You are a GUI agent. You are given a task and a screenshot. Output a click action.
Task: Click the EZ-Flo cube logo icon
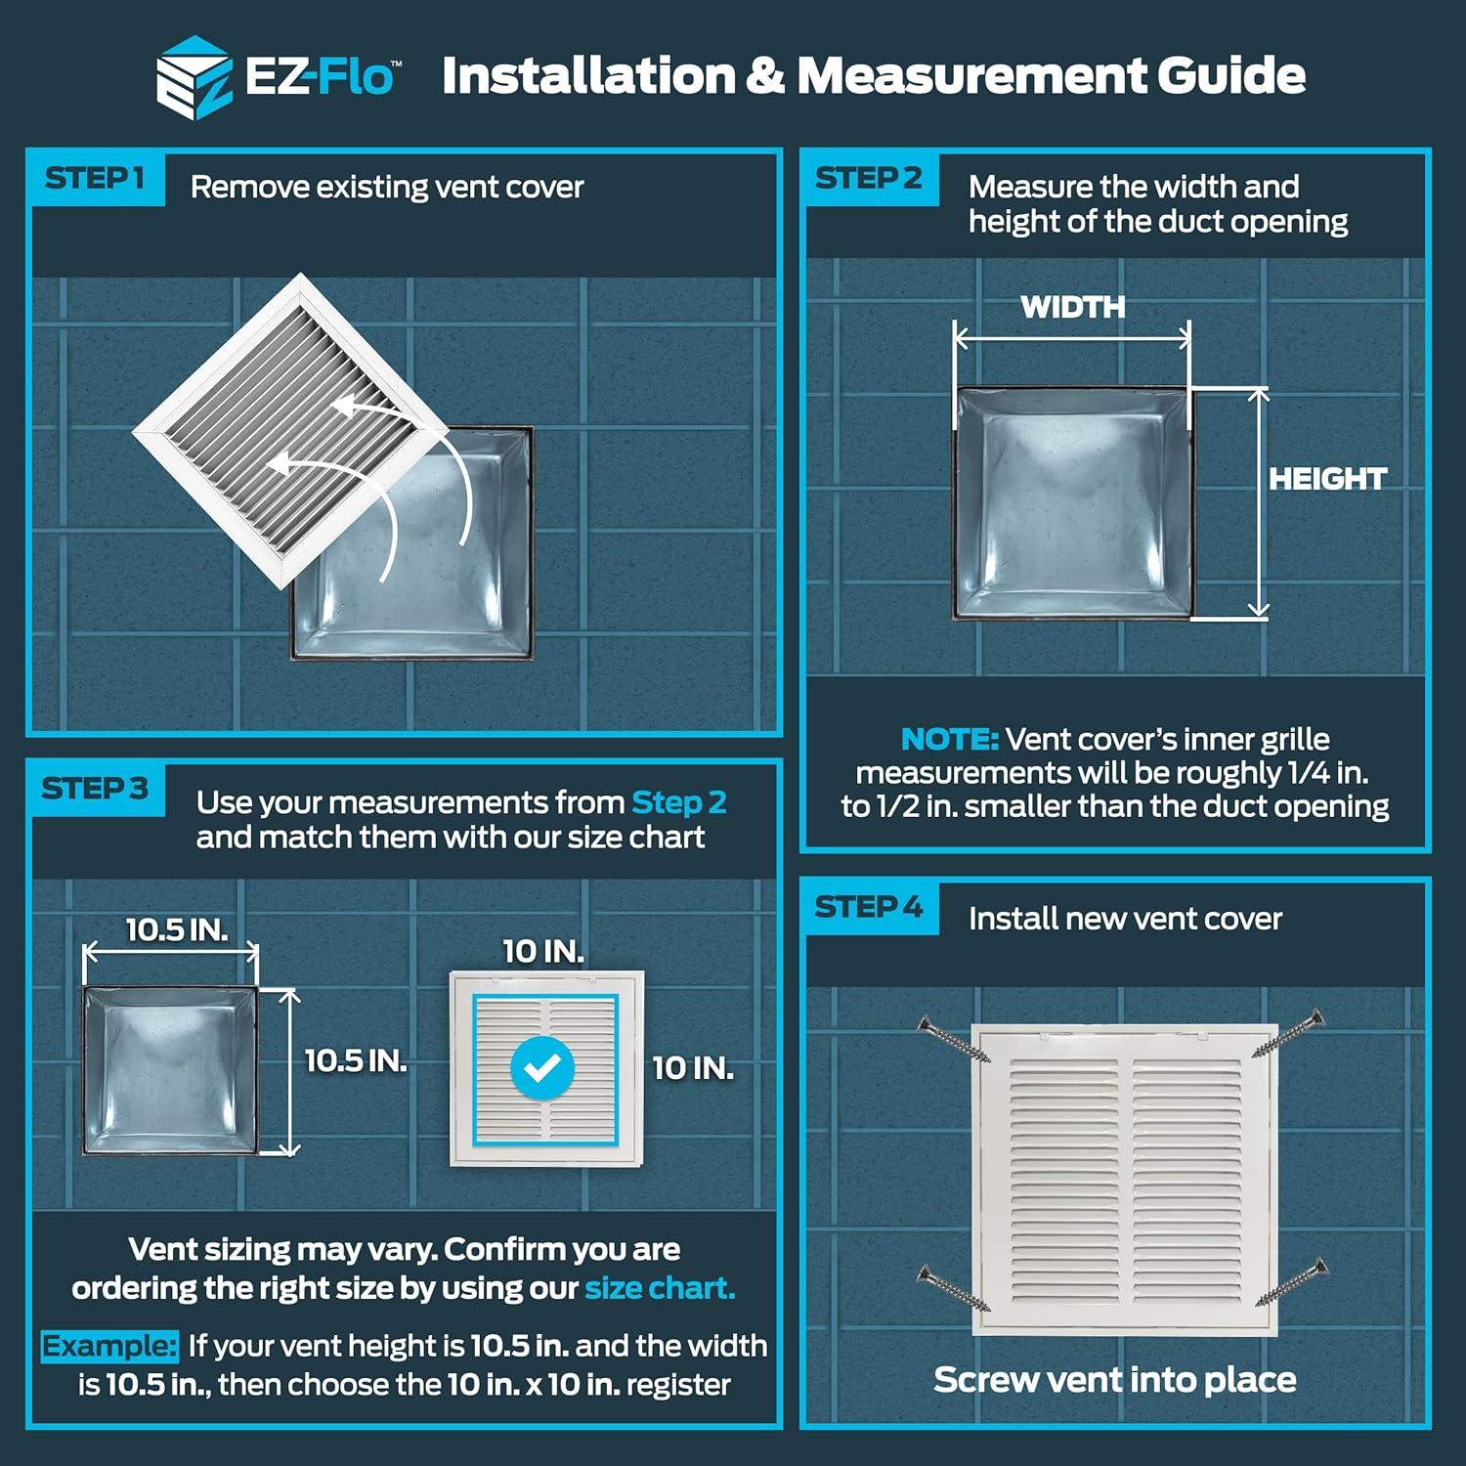pyautogui.click(x=194, y=77)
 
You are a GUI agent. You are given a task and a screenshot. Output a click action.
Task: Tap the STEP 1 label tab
pyautogui.click(x=95, y=179)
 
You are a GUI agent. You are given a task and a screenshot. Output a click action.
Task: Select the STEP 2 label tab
pyautogui.click(x=868, y=179)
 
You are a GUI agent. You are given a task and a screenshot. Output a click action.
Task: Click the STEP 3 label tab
pyautogui.click(x=95, y=789)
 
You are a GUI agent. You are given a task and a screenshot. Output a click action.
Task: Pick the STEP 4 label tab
pyautogui.click(x=868, y=908)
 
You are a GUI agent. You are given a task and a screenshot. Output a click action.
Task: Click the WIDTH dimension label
pyautogui.click(x=1072, y=308)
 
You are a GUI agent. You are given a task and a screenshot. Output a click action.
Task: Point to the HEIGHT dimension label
pyautogui.click(x=1326, y=479)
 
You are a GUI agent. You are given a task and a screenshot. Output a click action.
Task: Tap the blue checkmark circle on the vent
pyautogui.click(x=542, y=1067)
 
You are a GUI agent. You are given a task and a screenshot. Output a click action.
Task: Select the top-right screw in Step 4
pyautogui.click(x=1289, y=1034)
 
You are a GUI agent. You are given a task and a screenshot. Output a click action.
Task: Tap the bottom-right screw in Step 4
pyautogui.click(x=1292, y=1281)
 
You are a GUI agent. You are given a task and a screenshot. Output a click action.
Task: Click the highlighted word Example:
pyautogui.click(x=108, y=1347)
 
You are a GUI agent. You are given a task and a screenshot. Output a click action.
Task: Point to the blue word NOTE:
pyautogui.click(x=949, y=739)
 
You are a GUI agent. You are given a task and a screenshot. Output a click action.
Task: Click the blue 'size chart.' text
pyautogui.click(x=660, y=1288)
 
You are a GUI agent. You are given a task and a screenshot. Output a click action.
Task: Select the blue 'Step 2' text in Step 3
pyautogui.click(x=678, y=803)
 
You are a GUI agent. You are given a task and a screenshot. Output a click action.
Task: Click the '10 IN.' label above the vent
pyautogui.click(x=542, y=951)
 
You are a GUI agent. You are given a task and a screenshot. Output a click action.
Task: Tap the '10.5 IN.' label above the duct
pyautogui.click(x=176, y=929)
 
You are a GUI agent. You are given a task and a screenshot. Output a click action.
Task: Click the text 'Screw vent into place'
pyautogui.click(x=1114, y=1380)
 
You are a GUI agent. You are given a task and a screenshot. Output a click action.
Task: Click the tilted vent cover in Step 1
pyautogui.click(x=290, y=431)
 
